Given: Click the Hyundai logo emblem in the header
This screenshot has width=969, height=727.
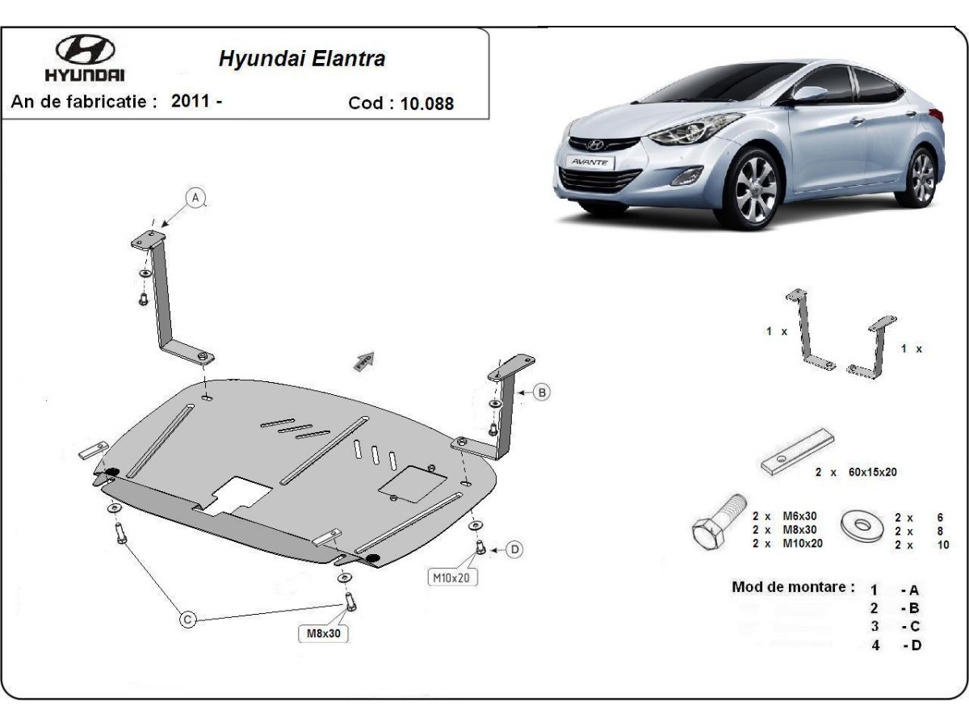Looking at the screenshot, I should pyautogui.click(x=85, y=51).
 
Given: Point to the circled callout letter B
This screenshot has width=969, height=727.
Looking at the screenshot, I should pyautogui.click(x=542, y=393).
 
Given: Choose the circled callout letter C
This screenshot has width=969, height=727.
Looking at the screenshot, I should pyautogui.click(x=187, y=620).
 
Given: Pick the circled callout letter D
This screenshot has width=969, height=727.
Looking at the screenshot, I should pyautogui.click(x=514, y=549).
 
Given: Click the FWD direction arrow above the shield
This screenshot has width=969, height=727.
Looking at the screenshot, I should pyautogui.click(x=365, y=360).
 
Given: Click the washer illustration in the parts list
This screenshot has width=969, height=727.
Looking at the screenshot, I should pyautogui.click(x=862, y=526).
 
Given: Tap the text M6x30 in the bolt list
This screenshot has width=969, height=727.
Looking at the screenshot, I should pyautogui.click(x=799, y=516).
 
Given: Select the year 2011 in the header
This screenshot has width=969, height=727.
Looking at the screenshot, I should pyautogui.click(x=191, y=102).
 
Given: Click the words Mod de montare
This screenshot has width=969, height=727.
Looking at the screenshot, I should pyautogui.click(x=793, y=587).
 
